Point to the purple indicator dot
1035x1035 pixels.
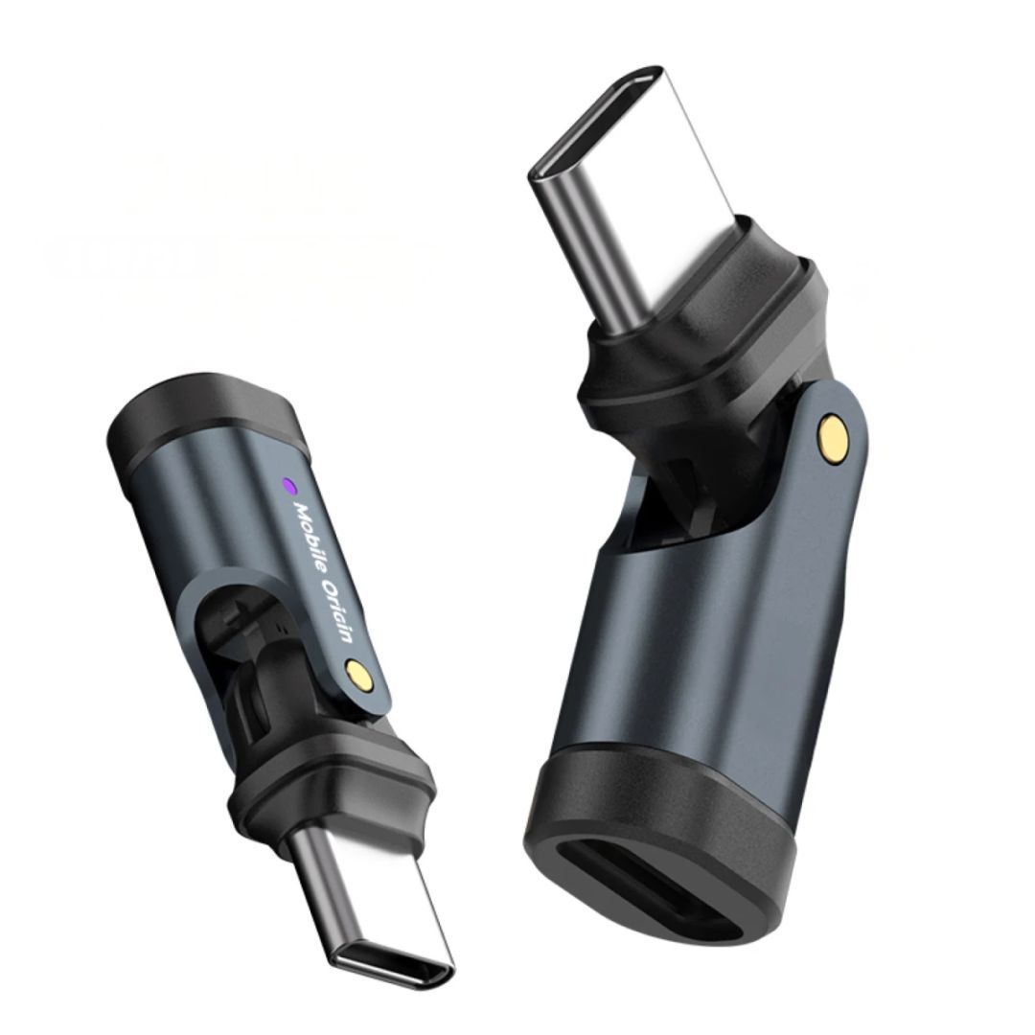click(289, 485)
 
